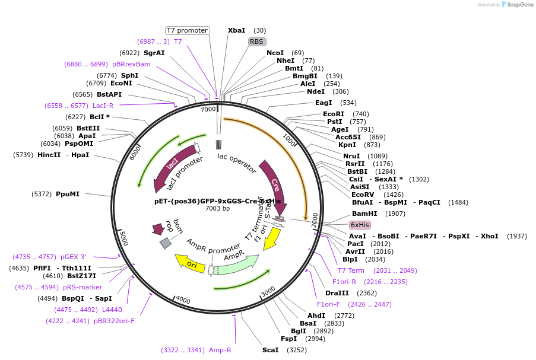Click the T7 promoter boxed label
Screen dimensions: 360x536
(187, 30)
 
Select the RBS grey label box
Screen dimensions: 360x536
(256, 42)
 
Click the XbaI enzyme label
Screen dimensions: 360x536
(236, 30)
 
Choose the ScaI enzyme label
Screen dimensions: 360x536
(270, 350)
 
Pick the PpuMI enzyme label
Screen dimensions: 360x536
(67, 194)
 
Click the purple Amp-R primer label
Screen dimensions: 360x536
(220, 350)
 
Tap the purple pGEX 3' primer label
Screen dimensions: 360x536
(73, 257)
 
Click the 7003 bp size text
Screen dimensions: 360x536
(217, 208)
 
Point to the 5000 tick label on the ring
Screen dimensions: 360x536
(123, 238)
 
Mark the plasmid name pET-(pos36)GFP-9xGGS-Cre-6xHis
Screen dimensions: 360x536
(217, 201)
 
